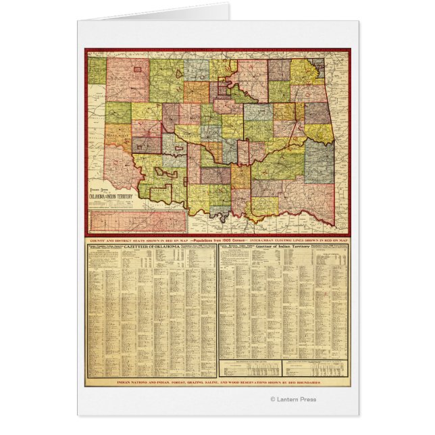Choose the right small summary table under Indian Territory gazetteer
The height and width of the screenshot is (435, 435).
tap(314, 371)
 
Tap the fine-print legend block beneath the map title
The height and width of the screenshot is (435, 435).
tap(109, 203)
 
